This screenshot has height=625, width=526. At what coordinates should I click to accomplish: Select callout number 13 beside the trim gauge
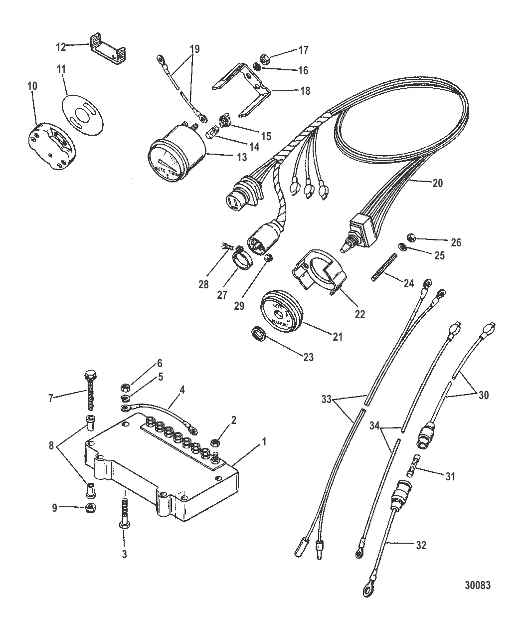tap(241, 157)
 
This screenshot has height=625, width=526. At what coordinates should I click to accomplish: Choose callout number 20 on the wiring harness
tap(437, 183)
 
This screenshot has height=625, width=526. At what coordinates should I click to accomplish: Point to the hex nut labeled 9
tap(91, 508)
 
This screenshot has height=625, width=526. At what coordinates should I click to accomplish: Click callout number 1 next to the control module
tap(265, 441)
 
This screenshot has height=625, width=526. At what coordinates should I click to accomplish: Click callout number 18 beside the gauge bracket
tap(304, 91)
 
